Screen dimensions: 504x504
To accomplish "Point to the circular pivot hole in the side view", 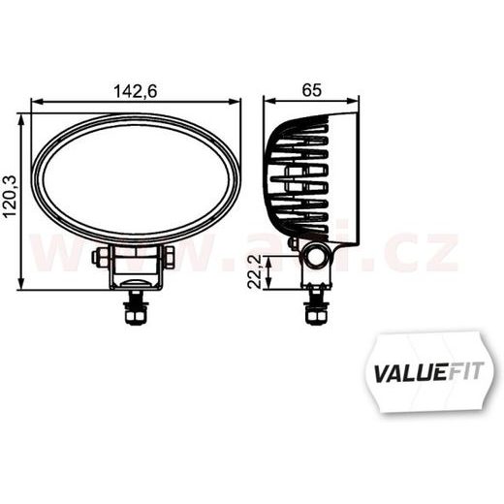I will coord(314,256).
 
